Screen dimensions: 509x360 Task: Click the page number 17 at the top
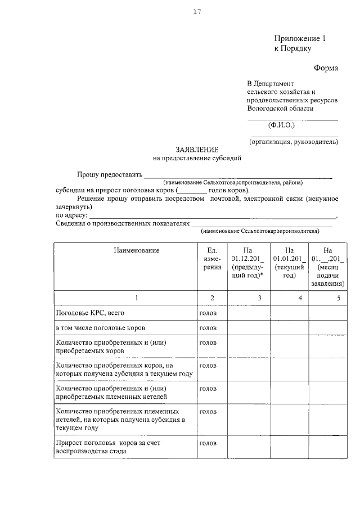click(197, 12)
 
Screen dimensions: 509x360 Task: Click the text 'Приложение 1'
click(300, 39)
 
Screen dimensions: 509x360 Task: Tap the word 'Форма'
click(326, 68)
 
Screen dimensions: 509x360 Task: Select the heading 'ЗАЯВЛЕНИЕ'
click(197, 150)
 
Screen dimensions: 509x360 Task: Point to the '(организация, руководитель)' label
click(294, 142)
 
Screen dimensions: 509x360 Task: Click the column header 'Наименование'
click(136, 250)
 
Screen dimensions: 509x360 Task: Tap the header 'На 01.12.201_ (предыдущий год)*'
click(248, 263)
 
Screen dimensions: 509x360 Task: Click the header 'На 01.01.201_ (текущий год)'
click(289, 263)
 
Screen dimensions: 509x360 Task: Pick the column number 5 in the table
click(339, 298)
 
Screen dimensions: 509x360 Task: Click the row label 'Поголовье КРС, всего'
click(89, 312)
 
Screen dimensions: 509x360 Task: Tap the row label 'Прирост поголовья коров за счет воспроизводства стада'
click(107, 447)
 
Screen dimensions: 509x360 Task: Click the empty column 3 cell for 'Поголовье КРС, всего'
click(248, 312)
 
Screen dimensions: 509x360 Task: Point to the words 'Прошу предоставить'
click(109, 175)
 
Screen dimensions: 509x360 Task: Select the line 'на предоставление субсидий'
click(197, 159)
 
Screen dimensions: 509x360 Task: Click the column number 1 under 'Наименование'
click(137, 298)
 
